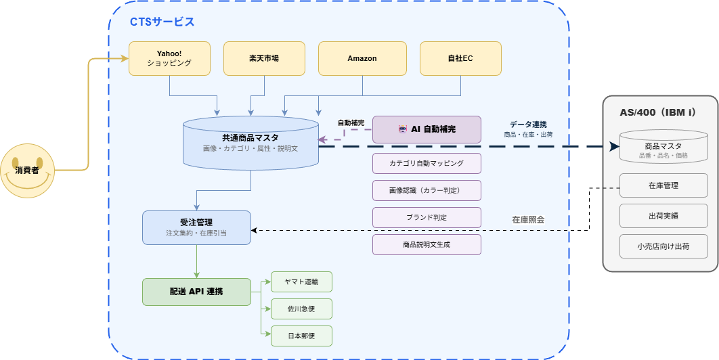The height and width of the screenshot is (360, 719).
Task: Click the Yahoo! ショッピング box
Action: pyautogui.click(x=169, y=58)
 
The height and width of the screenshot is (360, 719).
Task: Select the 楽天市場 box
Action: pyautogui.click(x=264, y=58)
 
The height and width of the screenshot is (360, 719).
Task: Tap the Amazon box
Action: pyautogui.click(x=362, y=58)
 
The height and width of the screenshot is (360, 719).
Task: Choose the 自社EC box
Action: pyautogui.click(x=460, y=58)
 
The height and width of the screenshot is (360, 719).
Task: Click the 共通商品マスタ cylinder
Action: pyautogui.click(x=250, y=142)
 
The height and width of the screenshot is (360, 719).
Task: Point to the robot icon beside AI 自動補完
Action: pyautogui.click(x=403, y=129)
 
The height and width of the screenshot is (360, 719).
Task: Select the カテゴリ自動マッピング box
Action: pyautogui.click(x=427, y=163)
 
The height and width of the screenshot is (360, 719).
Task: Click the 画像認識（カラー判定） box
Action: pyautogui.click(x=427, y=190)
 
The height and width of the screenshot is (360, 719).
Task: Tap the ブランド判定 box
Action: pyautogui.click(x=427, y=217)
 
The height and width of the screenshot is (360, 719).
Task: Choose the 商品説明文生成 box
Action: pyautogui.click(x=427, y=244)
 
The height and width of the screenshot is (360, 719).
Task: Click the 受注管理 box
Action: pyautogui.click(x=196, y=227)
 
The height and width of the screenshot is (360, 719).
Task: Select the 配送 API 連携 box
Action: pyautogui.click(x=196, y=292)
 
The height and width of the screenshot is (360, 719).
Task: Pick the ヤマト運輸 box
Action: pyautogui.click(x=301, y=282)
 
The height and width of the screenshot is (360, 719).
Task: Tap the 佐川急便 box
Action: pyautogui.click(x=301, y=309)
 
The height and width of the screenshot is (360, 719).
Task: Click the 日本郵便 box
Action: pyautogui.click(x=301, y=336)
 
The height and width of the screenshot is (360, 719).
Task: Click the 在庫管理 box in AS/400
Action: pyautogui.click(x=663, y=185)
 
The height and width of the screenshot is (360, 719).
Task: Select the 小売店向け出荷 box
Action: pyautogui.click(x=663, y=246)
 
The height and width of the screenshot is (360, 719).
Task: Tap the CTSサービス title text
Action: pyautogui.click(x=162, y=22)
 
